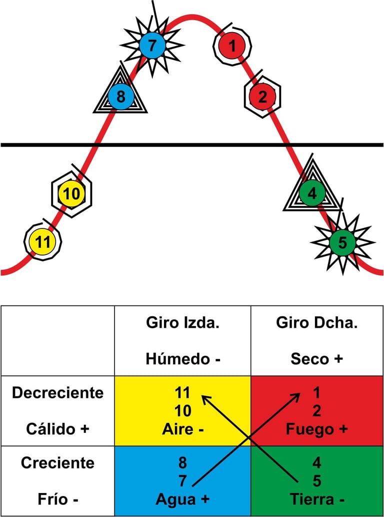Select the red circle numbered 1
[232, 47]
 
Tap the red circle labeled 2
[262, 96]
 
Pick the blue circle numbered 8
[120, 95]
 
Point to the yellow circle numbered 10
[72, 194]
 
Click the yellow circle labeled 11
[43, 242]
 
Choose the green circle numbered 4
[312, 193]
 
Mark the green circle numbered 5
[342, 242]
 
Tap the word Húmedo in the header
[178, 359]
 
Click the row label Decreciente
[57, 393]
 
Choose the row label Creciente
[57, 462]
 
